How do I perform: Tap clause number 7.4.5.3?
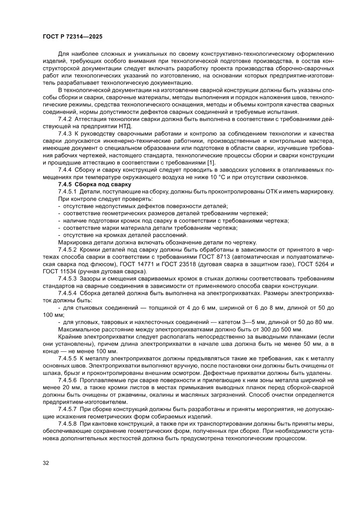point(67,278)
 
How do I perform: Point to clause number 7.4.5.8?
point(67,423)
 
